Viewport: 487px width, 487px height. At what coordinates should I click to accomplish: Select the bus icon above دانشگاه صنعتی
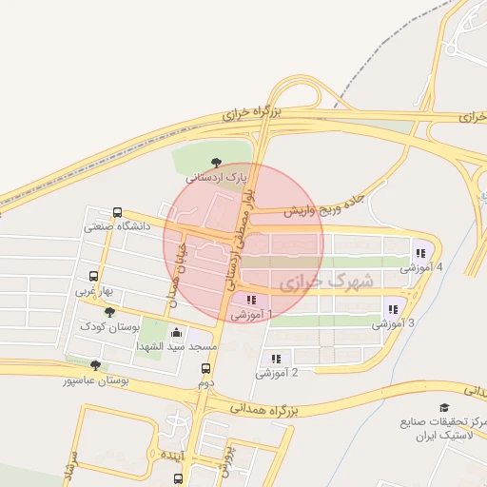[117, 213]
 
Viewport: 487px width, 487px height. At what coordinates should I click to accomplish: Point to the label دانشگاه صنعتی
[117, 227]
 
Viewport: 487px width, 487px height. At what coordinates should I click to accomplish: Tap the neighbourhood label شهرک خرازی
[318, 282]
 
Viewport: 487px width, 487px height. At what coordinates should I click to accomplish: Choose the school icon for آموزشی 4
[419, 253]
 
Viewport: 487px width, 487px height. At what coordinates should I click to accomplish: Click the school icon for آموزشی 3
[393, 308]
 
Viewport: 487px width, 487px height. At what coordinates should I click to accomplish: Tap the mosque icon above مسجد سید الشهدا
[176, 333]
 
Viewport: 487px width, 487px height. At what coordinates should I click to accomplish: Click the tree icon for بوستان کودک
[109, 312]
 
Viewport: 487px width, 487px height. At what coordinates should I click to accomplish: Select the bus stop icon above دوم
[205, 369]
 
